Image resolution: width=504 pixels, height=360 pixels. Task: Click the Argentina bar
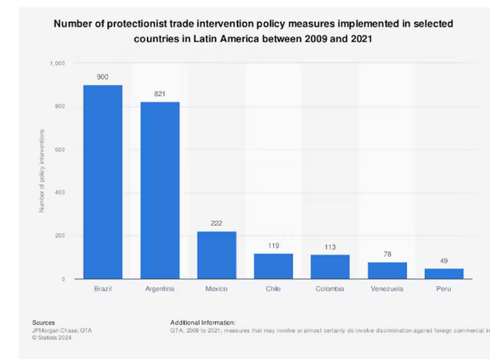(159, 191)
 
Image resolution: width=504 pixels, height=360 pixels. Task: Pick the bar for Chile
(273, 266)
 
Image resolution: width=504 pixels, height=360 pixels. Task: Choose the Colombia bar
(330, 266)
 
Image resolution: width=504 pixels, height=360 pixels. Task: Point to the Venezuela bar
(387, 270)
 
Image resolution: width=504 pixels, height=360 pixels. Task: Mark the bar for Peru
(444, 273)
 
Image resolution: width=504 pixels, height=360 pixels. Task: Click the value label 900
(102, 77)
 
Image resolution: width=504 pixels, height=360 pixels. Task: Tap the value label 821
(159, 94)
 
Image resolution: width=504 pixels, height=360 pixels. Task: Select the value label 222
(216, 223)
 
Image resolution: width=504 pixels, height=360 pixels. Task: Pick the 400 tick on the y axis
(60, 192)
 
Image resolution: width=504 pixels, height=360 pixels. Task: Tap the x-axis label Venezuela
(387, 289)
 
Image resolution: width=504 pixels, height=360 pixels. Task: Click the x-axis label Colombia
(330, 289)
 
